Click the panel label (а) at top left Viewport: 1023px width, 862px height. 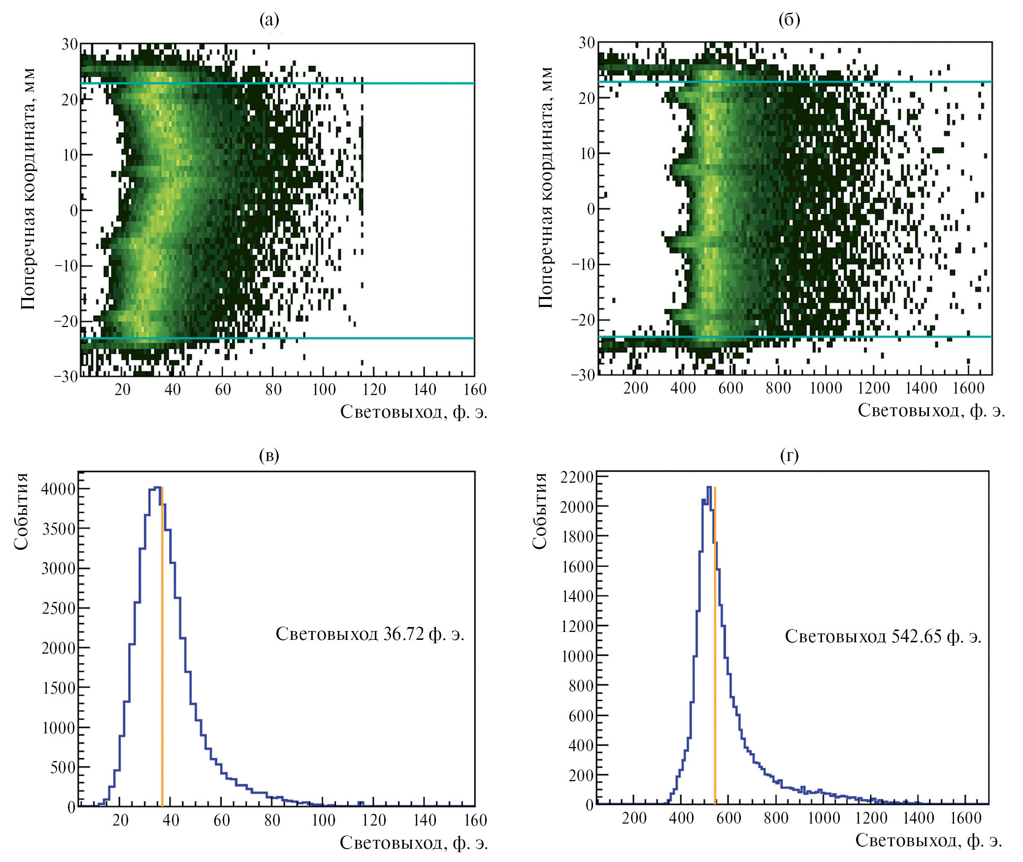click(x=269, y=20)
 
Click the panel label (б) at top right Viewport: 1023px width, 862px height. click(x=789, y=20)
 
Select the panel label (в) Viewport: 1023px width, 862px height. click(x=269, y=455)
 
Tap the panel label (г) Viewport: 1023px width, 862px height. click(x=789, y=455)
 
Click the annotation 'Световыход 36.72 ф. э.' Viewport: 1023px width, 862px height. click(x=370, y=634)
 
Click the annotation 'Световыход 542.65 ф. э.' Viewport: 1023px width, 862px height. click(x=883, y=636)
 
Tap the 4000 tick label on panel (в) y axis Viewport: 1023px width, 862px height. click(x=58, y=489)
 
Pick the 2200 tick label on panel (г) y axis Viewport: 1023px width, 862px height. click(x=577, y=477)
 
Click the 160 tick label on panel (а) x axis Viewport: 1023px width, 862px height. click(x=475, y=390)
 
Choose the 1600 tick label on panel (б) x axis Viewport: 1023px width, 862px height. click(x=968, y=388)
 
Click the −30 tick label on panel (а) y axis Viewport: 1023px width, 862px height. click(x=66, y=377)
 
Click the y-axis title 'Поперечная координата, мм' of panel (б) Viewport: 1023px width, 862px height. click(x=545, y=187)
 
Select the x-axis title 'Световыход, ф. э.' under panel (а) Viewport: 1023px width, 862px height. click(x=414, y=411)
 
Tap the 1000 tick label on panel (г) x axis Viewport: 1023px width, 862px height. click(x=824, y=818)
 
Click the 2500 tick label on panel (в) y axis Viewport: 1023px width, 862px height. click(x=58, y=608)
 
